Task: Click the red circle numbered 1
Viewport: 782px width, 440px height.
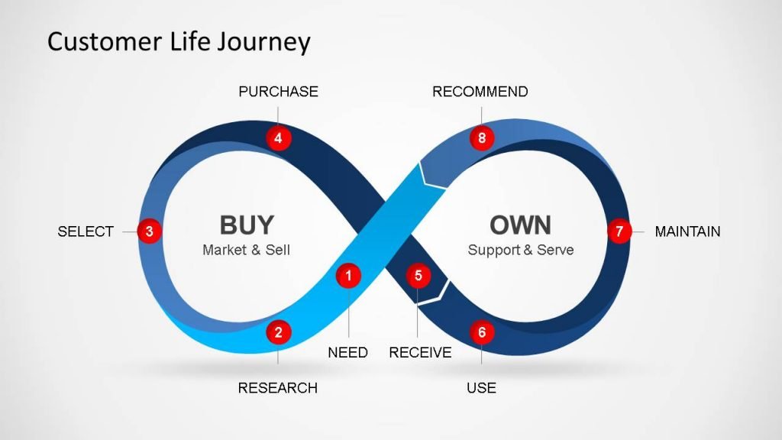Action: coord(348,276)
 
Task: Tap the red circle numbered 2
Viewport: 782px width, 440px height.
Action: coord(279,332)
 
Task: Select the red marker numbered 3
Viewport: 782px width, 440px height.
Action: coord(150,231)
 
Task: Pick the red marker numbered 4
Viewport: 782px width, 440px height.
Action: coord(279,138)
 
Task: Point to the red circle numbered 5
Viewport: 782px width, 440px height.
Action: coord(418,276)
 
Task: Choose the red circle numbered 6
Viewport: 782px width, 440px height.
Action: coord(481,332)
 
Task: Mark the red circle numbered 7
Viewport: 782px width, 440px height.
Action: coord(619,231)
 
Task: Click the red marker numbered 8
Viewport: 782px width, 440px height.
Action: coord(481,138)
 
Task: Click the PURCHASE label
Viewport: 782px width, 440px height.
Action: coord(278,92)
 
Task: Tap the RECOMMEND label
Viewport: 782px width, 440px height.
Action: coord(480,92)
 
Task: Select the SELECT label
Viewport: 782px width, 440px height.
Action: coord(86,231)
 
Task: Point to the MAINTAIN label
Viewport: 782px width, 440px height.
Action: coord(687,231)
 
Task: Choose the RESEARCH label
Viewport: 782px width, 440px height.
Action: coord(278,388)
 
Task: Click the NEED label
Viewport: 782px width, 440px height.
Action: coord(347,353)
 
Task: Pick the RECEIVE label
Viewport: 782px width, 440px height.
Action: coord(420,353)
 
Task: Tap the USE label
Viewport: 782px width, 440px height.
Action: coord(481,388)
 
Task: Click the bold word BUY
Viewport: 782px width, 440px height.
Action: coord(246,225)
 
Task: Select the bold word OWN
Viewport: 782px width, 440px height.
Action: coord(520,225)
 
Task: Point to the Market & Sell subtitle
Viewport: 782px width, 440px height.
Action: coord(246,250)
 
